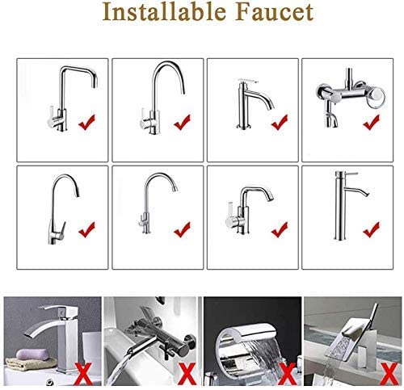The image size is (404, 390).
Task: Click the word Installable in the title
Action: point(164,11)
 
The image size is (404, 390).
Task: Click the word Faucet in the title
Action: point(275,12)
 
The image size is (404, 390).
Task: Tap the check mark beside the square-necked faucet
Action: point(86,122)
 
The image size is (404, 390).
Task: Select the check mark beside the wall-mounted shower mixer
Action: point(372,122)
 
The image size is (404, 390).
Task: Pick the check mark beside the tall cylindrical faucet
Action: point(372,229)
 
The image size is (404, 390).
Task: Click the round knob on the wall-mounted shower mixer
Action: point(377,95)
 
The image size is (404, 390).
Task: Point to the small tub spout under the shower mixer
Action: point(331,120)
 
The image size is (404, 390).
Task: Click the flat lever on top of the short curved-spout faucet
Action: point(248,81)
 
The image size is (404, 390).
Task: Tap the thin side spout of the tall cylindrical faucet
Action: point(356,191)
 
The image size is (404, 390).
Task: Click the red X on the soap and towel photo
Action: point(84,374)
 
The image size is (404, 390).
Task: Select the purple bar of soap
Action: point(32,354)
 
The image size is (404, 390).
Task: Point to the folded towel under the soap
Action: point(31,364)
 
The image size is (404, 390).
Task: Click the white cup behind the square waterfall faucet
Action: point(91,347)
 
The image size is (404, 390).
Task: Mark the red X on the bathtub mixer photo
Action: point(187,374)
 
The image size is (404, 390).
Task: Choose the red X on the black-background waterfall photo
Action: point(287,374)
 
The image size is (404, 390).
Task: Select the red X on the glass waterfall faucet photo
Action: point(389,374)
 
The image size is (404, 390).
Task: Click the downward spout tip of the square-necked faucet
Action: point(95,84)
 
